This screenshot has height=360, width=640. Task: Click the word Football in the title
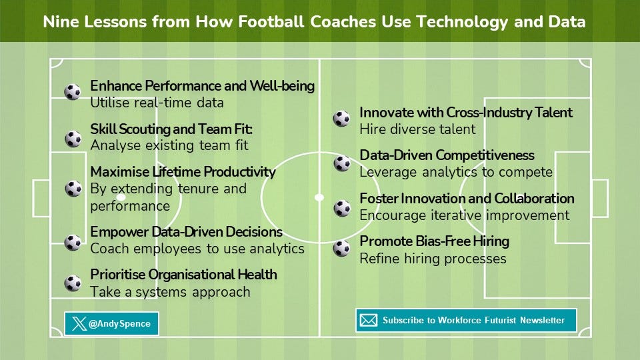point(271,21)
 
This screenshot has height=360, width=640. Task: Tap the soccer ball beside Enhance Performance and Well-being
point(73,92)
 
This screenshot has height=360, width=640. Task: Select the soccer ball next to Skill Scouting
point(73,139)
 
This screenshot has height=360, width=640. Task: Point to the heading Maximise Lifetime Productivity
point(183,172)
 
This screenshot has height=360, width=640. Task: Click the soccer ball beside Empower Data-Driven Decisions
point(73,243)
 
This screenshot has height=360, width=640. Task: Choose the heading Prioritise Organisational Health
point(184,275)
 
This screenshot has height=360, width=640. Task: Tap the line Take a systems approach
point(170,292)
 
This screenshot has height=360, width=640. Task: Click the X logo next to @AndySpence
point(79,324)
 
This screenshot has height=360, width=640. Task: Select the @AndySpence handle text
point(119,324)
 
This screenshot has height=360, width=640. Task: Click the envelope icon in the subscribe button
point(368,321)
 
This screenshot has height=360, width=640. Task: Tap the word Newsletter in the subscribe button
point(542,321)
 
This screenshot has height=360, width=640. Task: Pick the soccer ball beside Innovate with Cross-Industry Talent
point(341,119)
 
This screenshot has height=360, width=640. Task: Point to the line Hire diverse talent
point(417,129)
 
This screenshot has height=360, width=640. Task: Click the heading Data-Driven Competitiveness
point(447,155)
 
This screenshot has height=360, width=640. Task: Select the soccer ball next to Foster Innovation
point(342,208)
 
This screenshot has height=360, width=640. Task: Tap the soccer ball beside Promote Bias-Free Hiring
point(341,248)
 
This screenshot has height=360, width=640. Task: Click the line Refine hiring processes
point(433,259)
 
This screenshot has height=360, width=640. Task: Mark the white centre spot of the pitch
point(319,197)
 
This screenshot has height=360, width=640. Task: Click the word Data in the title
point(567,21)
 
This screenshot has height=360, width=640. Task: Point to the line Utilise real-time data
point(157,103)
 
